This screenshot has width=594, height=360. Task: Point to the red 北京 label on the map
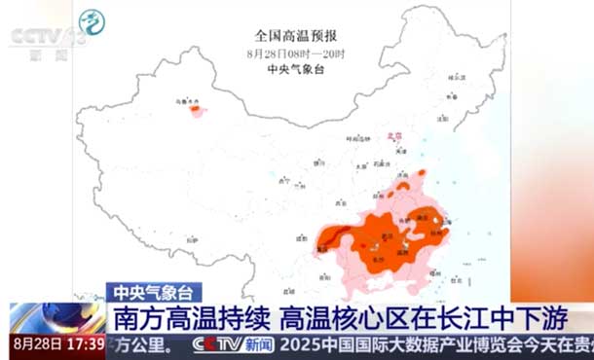click(x=395, y=139)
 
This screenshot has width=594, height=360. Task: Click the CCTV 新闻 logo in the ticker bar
click(x=233, y=344)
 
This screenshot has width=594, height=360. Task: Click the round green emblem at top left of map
click(x=93, y=21)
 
